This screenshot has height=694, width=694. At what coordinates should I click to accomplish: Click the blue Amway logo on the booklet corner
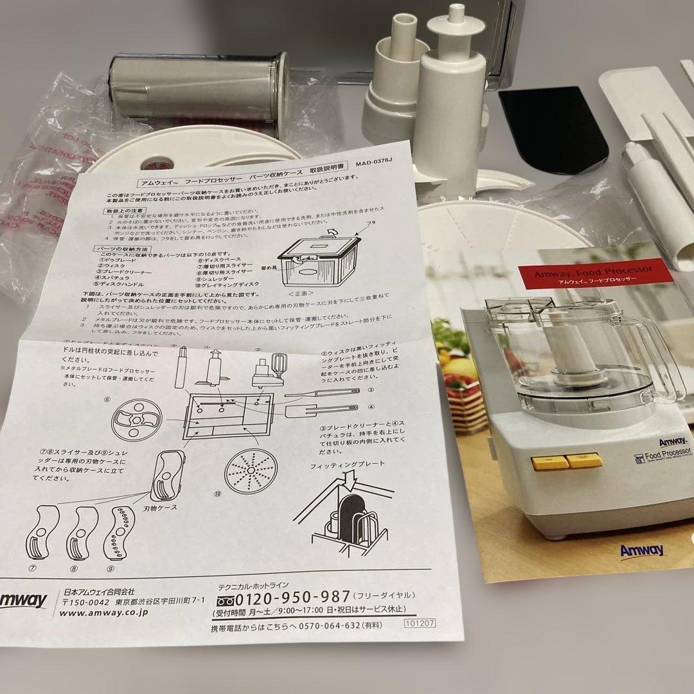point(642,550)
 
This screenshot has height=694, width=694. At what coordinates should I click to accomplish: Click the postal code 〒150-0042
point(87,600)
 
